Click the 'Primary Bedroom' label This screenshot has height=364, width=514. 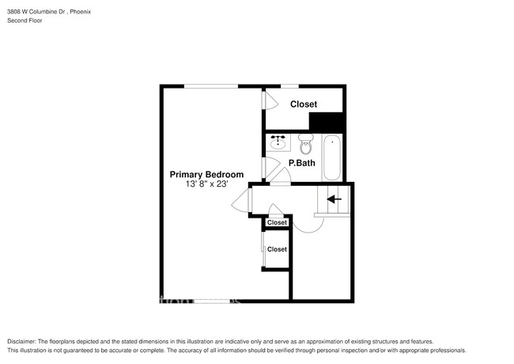206,174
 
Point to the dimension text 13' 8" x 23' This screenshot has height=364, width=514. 206,184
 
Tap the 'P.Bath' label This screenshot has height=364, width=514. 302,164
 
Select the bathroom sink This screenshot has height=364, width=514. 278,143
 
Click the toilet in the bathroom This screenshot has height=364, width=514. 306,146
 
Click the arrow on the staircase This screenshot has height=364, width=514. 333,199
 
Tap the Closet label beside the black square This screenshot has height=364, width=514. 304,104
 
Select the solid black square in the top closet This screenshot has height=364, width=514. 327,123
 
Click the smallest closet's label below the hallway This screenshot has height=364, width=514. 277,223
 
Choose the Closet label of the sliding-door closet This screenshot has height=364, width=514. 277,249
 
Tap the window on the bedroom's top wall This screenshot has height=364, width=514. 211,85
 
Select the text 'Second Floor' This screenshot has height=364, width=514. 24,20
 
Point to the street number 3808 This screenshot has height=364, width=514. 14,10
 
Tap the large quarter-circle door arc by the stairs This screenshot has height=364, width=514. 308,225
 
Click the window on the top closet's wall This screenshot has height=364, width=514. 290,85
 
